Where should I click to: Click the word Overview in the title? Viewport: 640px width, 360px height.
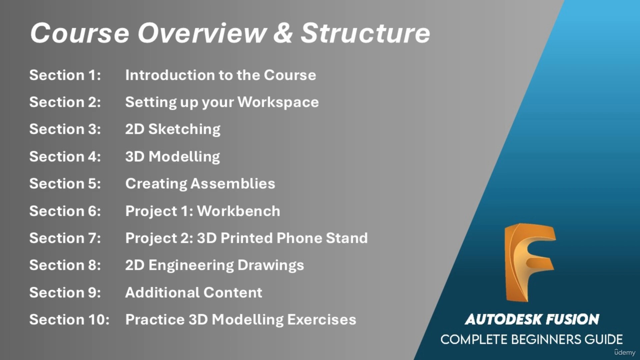point(202,33)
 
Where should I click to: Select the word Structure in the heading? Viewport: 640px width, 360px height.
point(365,33)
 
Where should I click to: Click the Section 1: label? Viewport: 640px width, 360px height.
point(65,75)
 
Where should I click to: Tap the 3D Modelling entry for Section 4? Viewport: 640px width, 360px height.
point(172,157)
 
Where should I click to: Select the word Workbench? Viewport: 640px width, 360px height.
point(238,211)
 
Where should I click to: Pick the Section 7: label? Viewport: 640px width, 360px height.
point(65,238)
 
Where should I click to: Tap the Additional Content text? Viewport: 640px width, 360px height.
point(194,292)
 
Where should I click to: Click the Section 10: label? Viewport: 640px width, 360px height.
point(69,320)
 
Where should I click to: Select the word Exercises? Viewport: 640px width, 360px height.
point(321,320)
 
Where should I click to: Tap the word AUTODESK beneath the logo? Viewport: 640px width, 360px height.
point(503,319)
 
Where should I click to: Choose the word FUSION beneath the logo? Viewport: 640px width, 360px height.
point(572,319)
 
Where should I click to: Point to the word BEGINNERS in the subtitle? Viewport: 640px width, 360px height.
point(546,340)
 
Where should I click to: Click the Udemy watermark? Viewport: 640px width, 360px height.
point(625,352)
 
